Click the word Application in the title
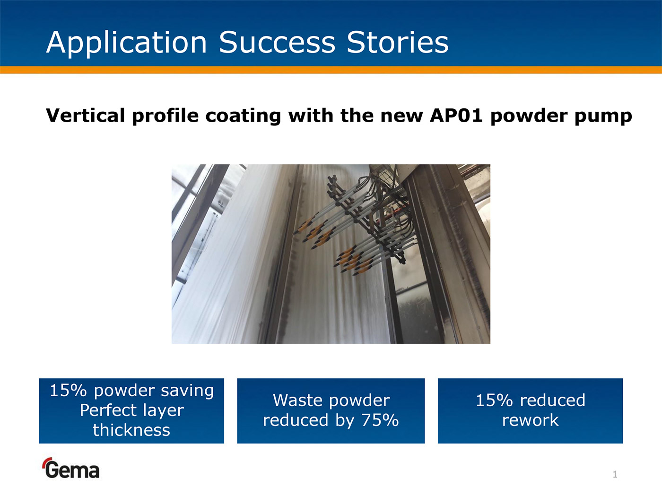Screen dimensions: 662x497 coord(127,43)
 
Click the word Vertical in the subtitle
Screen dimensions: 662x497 coord(86,115)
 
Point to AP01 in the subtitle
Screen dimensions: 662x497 coord(456,115)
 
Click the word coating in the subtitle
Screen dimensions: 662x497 coord(243,116)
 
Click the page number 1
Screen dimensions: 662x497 coord(615,474)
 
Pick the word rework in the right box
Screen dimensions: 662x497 coord(530,420)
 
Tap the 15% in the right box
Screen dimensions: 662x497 coord(494,400)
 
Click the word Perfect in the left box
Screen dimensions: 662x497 coord(108,410)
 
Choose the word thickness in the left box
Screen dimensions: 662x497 coord(131,430)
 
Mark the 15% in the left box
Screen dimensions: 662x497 coord(68,390)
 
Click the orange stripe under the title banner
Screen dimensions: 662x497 coord(331,70)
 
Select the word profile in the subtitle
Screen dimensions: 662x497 coord(165,116)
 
